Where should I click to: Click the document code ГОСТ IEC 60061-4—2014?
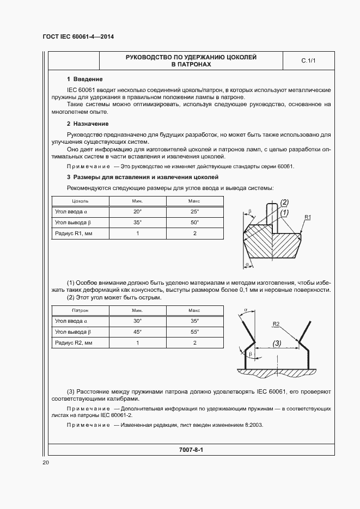(81, 37)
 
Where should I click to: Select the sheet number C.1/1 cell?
(308, 61)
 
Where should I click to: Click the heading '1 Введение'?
(84, 79)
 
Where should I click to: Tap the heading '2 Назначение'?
(87, 124)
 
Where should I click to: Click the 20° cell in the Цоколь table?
(137, 211)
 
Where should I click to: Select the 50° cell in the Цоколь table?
(194, 222)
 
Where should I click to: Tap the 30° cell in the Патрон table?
(137, 321)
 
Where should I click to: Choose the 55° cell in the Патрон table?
(194, 332)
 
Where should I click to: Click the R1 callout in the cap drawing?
(308, 218)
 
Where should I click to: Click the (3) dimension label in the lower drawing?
(277, 344)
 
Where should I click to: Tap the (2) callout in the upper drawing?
(284, 203)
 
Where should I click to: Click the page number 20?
(46, 463)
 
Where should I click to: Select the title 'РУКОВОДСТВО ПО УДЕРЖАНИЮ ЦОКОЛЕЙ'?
(191, 57)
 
